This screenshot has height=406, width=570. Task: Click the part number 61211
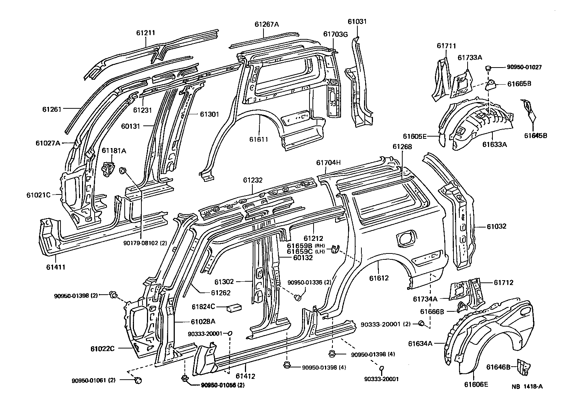145,33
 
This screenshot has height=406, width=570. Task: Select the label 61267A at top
266,24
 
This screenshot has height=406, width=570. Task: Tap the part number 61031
357,22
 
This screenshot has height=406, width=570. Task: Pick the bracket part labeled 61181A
108,167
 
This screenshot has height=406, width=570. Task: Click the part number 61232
253,181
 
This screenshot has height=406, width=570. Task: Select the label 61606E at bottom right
476,384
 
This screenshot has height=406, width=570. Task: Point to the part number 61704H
328,163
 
